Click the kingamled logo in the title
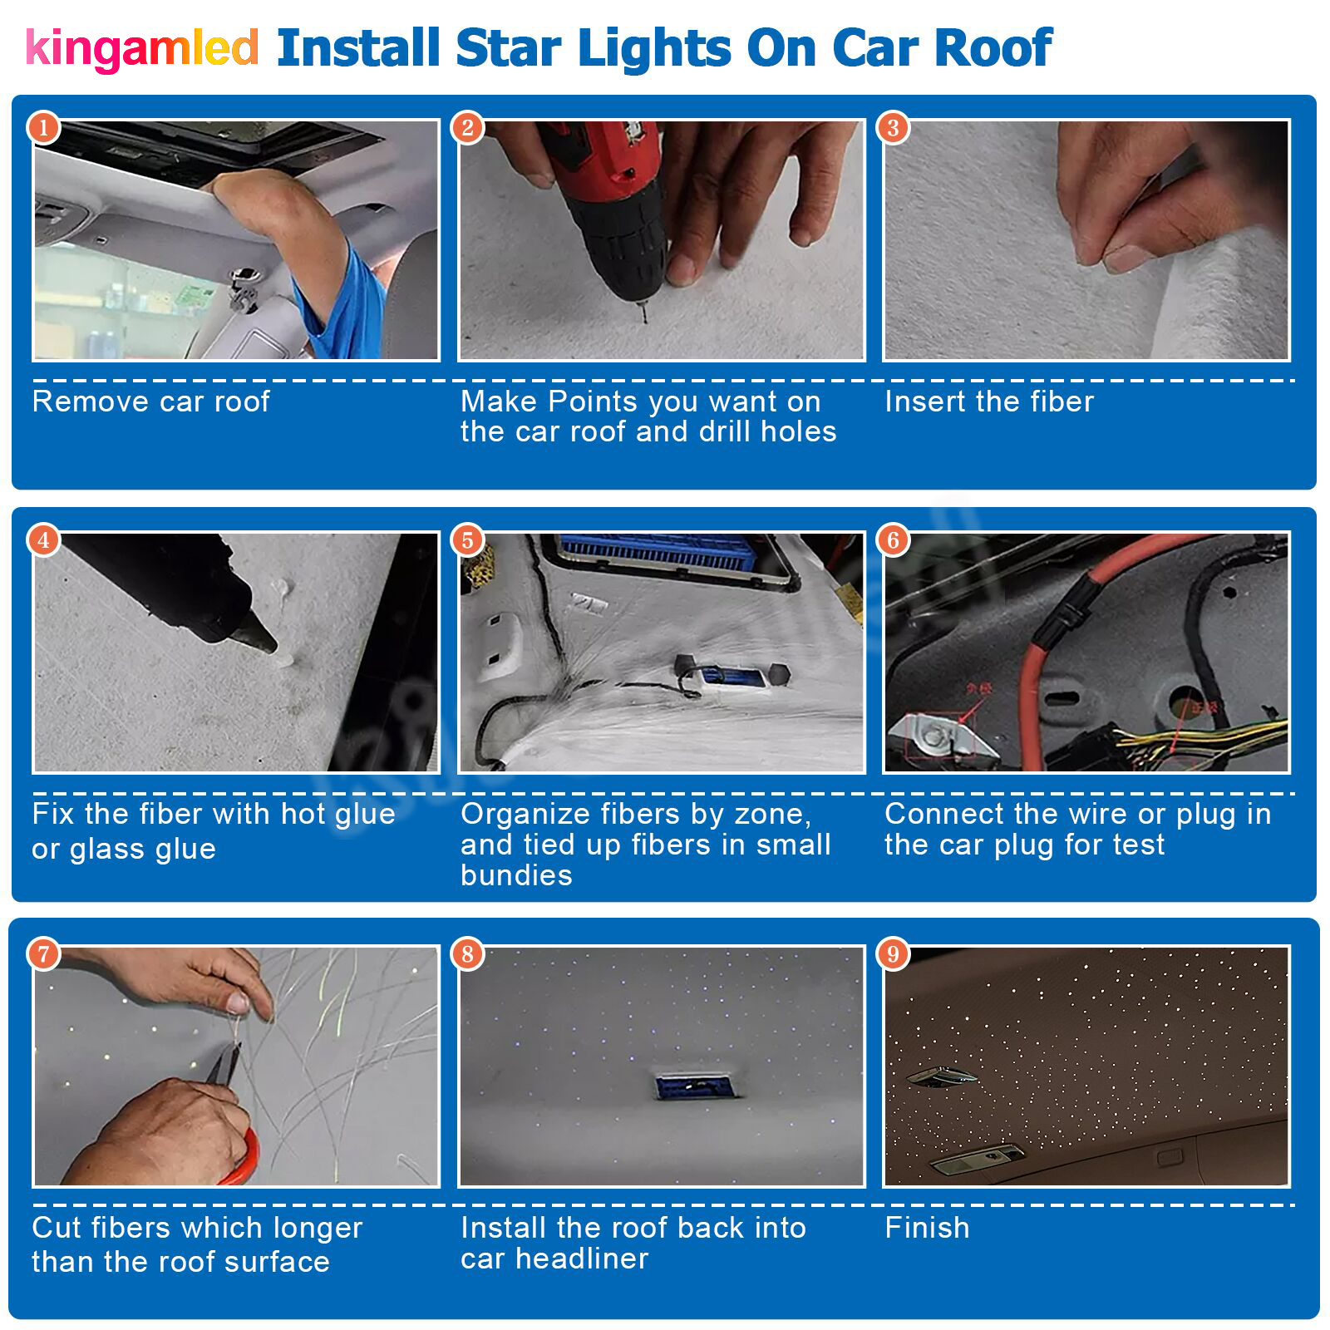(x=141, y=48)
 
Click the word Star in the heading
(x=508, y=48)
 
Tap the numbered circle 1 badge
(x=44, y=128)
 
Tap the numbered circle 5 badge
(x=468, y=540)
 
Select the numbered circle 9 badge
(x=894, y=953)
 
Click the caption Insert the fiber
(x=988, y=401)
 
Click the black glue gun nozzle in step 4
(x=254, y=637)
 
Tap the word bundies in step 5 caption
(x=516, y=875)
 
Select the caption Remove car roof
(x=150, y=401)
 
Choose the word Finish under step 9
(x=927, y=1228)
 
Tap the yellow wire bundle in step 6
(x=1205, y=736)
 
